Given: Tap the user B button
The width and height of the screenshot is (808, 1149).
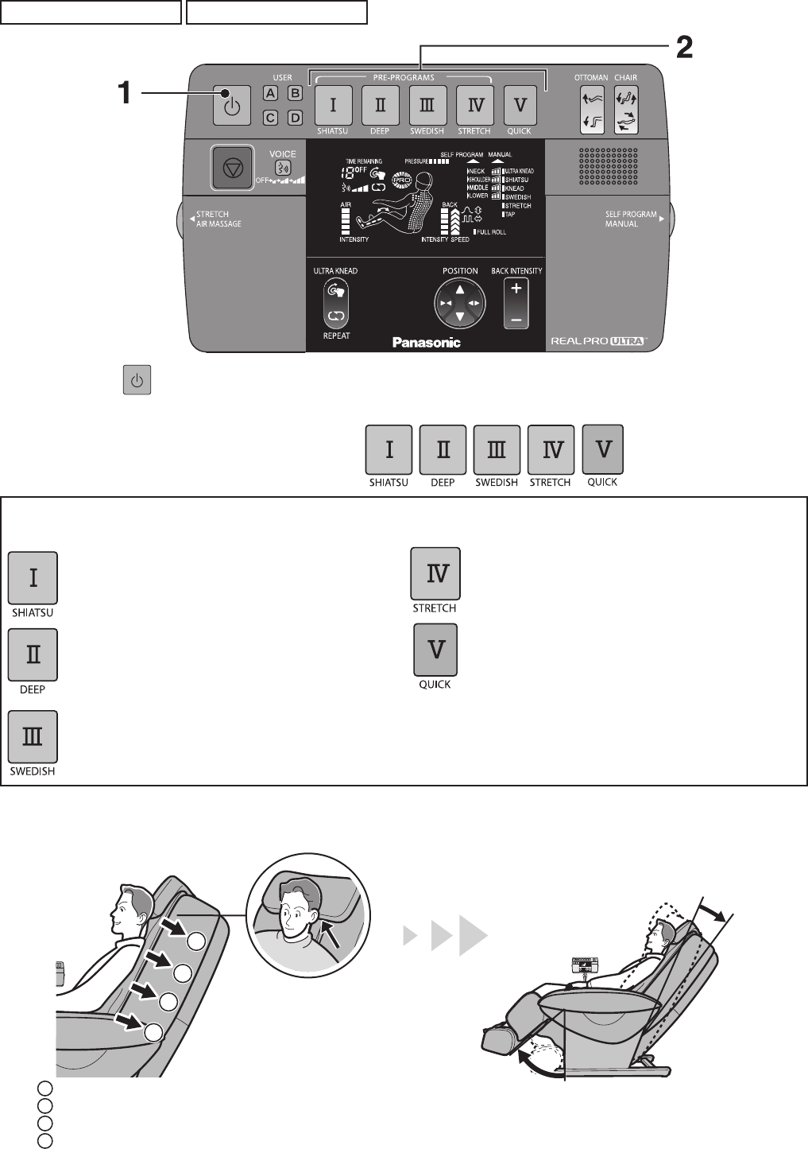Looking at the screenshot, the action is (x=294, y=93).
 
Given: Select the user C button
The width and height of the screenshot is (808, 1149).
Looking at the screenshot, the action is (x=271, y=118).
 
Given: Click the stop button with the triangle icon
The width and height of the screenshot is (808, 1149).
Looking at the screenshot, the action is (x=232, y=169).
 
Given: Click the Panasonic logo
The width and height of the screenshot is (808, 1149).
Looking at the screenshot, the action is (x=427, y=343).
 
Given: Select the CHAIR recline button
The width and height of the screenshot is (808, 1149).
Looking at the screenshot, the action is (x=626, y=110).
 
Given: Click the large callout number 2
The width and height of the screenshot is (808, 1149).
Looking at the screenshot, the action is (x=683, y=49).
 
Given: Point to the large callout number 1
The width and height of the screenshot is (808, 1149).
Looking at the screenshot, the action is (x=125, y=94).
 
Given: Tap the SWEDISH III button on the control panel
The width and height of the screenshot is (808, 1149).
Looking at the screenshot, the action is (x=427, y=105).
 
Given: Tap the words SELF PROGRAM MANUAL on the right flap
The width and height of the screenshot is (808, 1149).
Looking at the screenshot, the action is (x=631, y=219).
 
